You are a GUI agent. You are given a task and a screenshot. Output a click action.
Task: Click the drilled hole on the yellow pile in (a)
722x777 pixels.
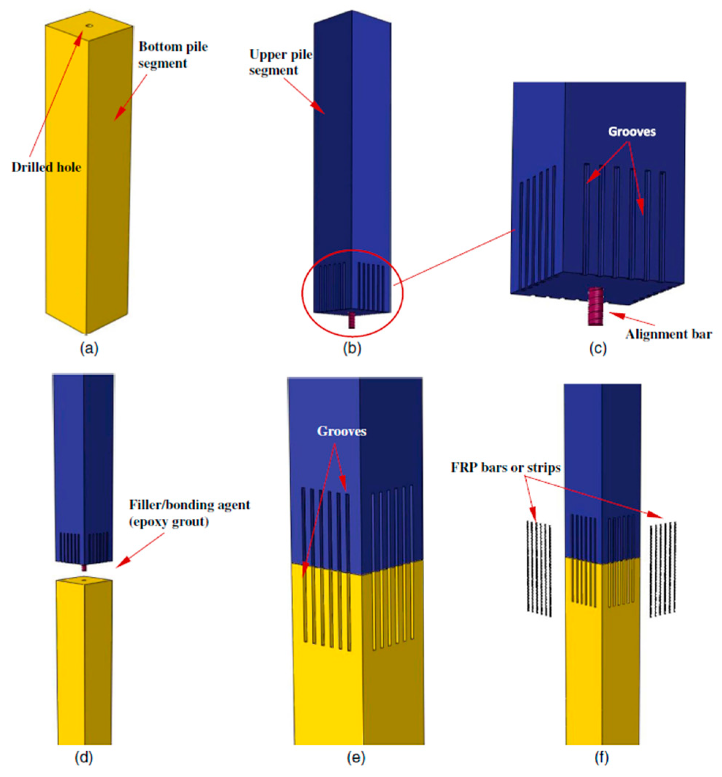89,26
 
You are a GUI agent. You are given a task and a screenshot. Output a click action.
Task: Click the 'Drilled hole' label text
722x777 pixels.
46,167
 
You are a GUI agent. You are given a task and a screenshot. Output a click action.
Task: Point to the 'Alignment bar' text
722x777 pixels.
668,335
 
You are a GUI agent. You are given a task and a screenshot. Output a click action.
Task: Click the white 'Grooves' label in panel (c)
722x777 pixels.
631,132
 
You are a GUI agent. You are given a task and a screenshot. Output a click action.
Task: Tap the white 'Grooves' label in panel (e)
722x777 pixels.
341,431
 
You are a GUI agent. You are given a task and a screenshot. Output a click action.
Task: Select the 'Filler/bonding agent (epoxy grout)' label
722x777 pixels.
189,513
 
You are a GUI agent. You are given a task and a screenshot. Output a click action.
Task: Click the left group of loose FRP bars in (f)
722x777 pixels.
539,569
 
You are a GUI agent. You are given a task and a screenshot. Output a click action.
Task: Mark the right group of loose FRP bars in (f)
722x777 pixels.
663,569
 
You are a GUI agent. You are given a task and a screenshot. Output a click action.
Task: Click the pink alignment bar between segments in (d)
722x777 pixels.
83,567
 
